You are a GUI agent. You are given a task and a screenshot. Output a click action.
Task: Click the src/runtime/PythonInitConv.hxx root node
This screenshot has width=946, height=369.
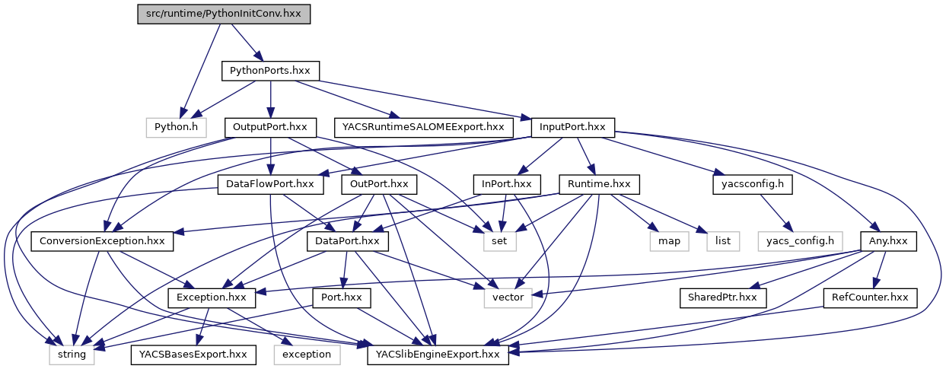[224, 14]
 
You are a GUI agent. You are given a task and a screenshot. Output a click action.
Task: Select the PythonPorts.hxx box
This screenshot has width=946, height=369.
[270, 71]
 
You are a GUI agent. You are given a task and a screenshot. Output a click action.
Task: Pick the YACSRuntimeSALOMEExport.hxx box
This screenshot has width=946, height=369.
[422, 127]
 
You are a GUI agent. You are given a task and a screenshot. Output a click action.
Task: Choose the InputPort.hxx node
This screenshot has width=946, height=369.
[572, 127]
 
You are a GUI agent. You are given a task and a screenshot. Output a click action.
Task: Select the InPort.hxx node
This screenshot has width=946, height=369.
[507, 184]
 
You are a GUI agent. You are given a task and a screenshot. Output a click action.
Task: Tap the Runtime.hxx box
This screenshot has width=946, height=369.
[599, 184]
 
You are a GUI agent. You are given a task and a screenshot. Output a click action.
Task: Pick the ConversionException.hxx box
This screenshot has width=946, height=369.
[103, 240]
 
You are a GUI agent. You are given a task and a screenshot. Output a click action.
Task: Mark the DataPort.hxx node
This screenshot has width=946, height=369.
[348, 240]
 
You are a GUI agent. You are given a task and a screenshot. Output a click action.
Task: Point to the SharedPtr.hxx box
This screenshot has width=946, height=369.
[722, 297]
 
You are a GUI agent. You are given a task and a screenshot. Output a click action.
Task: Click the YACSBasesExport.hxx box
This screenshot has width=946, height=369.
[193, 354]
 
